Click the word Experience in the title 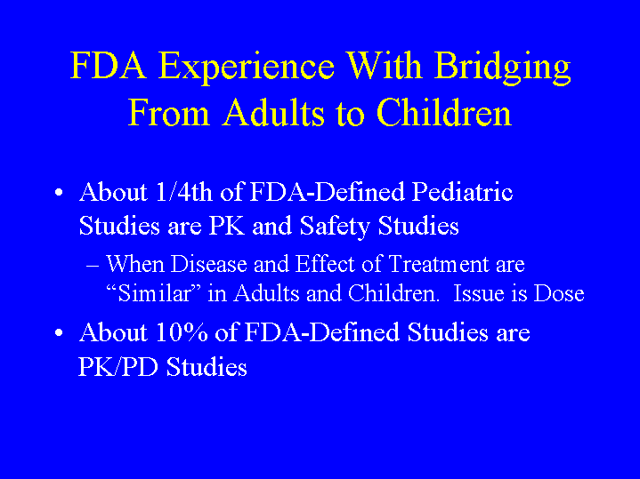click(x=247, y=68)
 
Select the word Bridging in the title click(x=502, y=68)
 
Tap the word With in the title click(x=384, y=66)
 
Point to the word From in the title click(x=169, y=113)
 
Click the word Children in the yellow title click(x=444, y=112)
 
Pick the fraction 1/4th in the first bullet click(x=183, y=191)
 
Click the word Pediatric click(x=462, y=191)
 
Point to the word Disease click(x=208, y=264)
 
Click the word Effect click(x=325, y=264)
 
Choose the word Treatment click(x=438, y=264)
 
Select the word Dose click(x=559, y=293)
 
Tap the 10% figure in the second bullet click(x=182, y=332)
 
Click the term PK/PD click(x=118, y=367)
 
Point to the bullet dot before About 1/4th click(x=59, y=192)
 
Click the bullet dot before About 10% click(x=59, y=332)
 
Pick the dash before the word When click(x=93, y=267)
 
